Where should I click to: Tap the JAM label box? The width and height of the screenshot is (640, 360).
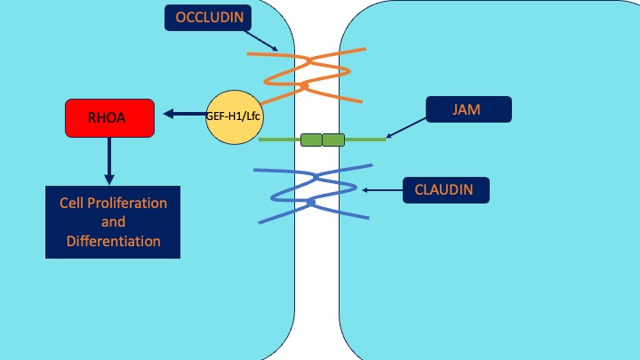(x=468, y=109)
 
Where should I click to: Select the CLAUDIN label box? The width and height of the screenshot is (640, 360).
(x=444, y=189)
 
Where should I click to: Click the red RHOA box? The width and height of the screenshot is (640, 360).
(x=110, y=118)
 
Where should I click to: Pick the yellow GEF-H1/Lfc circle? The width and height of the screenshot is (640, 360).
(x=235, y=116)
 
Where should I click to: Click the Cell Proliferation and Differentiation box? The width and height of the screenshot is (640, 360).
(x=113, y=221)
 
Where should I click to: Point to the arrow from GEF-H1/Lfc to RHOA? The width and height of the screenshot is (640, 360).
(x=184, y=114)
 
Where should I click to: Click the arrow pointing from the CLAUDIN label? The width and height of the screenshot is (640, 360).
(x=382, y=189)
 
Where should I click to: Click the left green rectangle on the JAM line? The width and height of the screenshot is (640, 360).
(x=311, y=140)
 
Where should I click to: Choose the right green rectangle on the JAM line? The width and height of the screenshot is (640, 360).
(x=333, y=140)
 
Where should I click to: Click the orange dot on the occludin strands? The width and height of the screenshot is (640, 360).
(x=304, y=86)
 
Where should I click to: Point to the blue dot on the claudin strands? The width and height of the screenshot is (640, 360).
(x=310, y=204)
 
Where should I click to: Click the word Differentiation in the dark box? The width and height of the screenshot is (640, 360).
(x=113, y=241)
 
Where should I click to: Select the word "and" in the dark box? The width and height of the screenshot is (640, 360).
(x=113, y=221)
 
